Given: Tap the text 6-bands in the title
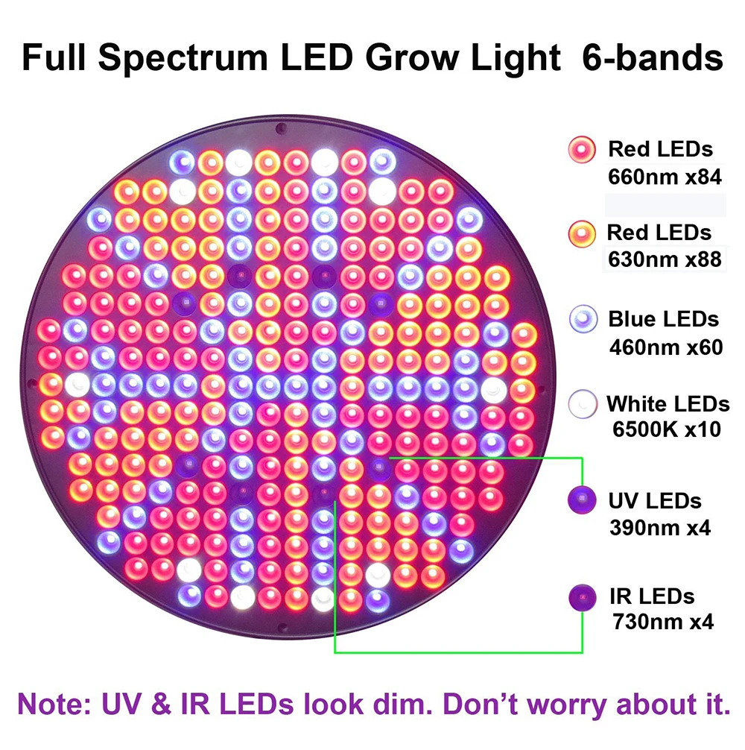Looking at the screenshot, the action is coord(653,57).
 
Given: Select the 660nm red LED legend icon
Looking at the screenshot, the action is coord(582,149).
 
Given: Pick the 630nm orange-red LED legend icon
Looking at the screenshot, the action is coord(582,234).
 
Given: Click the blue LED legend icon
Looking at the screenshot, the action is coord(583,318).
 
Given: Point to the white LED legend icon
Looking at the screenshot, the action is coord(583,404).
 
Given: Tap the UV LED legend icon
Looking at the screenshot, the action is coord(582,500).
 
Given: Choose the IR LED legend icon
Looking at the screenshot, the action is coord(583,597).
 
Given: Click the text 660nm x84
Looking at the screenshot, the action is coord(665,177).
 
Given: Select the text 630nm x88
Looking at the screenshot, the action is coord(665,259).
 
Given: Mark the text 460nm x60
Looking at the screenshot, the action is coord(666,347).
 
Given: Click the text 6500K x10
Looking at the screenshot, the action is coord(667,429).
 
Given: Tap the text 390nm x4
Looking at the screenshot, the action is coord(660,528).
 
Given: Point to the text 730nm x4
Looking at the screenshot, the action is coord(663,622).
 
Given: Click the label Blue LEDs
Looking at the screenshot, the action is coord(663,319).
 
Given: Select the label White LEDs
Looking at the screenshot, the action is coord(668,403).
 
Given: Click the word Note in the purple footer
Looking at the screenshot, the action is coord(54,704).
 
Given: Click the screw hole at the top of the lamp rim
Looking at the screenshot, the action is coord(282,127).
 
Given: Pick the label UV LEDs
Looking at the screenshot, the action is coord(655,501).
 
